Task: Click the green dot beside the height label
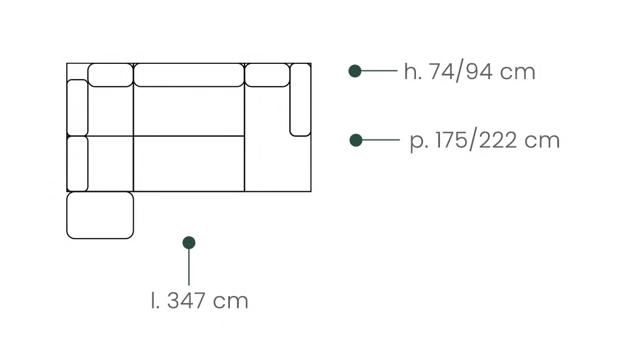(x=355, y=71)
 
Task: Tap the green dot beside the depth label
(x=356, y=140)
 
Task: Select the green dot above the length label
(x=189, y=243)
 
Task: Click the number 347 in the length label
(x=186, y=300)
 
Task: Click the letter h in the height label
(x=411, y=72)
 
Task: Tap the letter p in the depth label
(x=417, y=142)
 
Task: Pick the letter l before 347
(x=153, y=300)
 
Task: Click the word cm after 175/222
(x=542, y=141)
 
